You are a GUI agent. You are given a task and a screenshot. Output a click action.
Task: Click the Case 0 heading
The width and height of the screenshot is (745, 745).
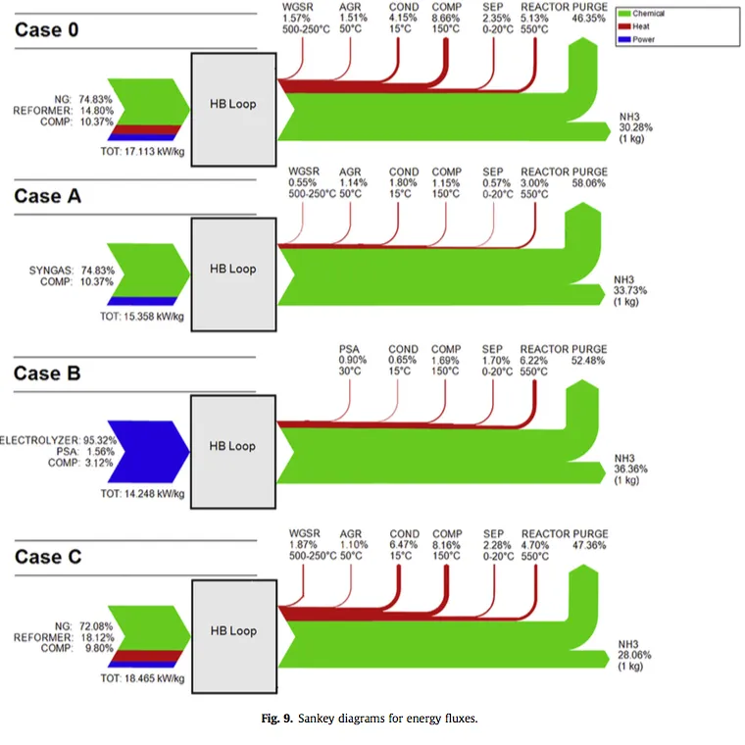[47, 29]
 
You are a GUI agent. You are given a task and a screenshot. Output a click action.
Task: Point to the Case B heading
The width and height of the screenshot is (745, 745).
[47, 373]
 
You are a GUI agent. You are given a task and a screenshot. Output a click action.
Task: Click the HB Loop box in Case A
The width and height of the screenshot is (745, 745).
[232, 269]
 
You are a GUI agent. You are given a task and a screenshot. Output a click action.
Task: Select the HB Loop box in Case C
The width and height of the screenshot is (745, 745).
[232, 631]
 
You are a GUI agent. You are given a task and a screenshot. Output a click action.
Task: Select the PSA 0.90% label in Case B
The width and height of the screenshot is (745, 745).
[351, 360]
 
